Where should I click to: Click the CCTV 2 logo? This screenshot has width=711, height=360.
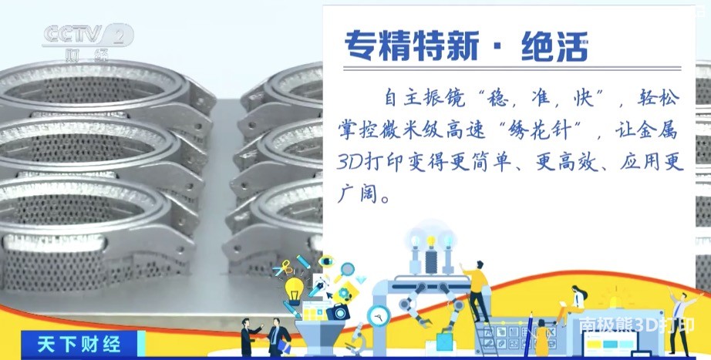click(89, 42)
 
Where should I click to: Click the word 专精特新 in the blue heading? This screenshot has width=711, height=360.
click(412, 46)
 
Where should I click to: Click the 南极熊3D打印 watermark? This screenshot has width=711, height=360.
click(636, 325)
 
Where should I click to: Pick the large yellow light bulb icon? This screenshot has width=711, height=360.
click(295, 290)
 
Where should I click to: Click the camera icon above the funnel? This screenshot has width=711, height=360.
click(338, 312)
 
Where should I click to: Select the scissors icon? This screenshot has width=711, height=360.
click(283, 268)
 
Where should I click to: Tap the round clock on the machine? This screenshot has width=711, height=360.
click(378, 315)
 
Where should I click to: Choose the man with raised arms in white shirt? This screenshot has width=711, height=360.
click(680, 322)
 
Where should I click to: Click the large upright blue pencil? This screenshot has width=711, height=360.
click(528, 335)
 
